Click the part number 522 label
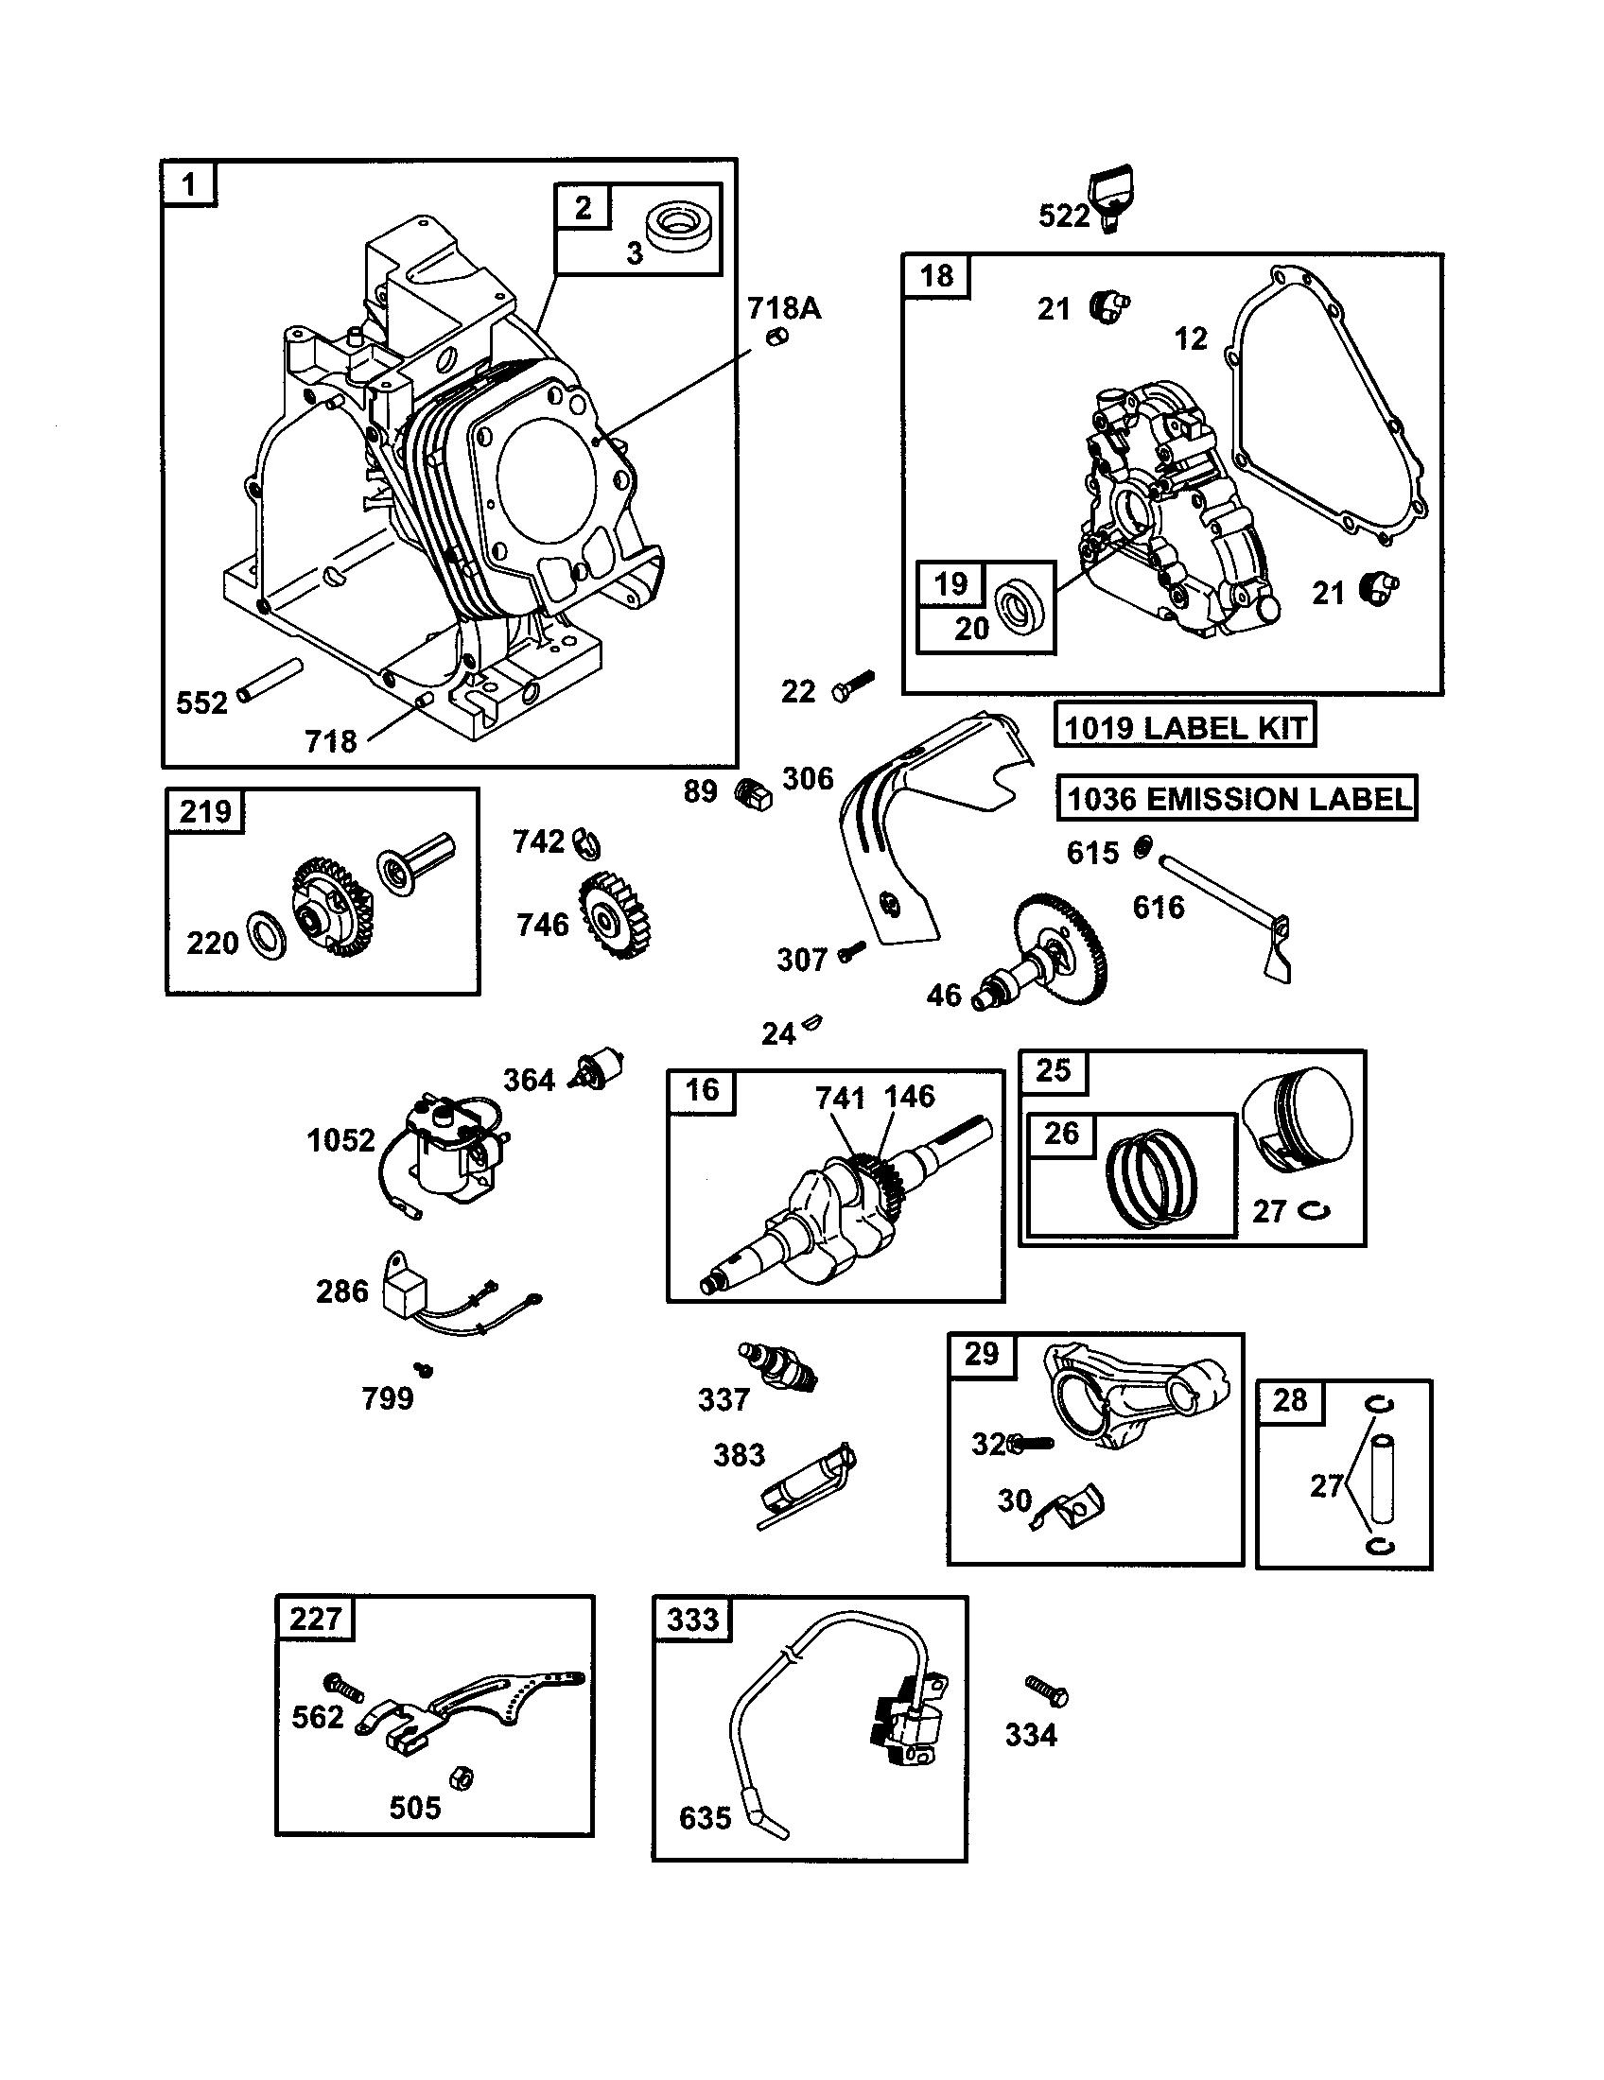pyautogui.click(x=1063, y=217)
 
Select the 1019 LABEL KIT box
pyautogui.click(x=1184, y=727)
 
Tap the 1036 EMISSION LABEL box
pyautogui.click(x=1236, y=798)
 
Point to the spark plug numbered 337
pyautogui.click(x=779, y=1369)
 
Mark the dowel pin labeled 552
pyautogui.click(x=270, y=680)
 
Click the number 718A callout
pyautogui.click(x=783, y=307)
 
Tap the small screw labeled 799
pyautogui.click(x=426, y=1370)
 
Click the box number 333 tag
pyautogui.click(x=692, y=1619)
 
